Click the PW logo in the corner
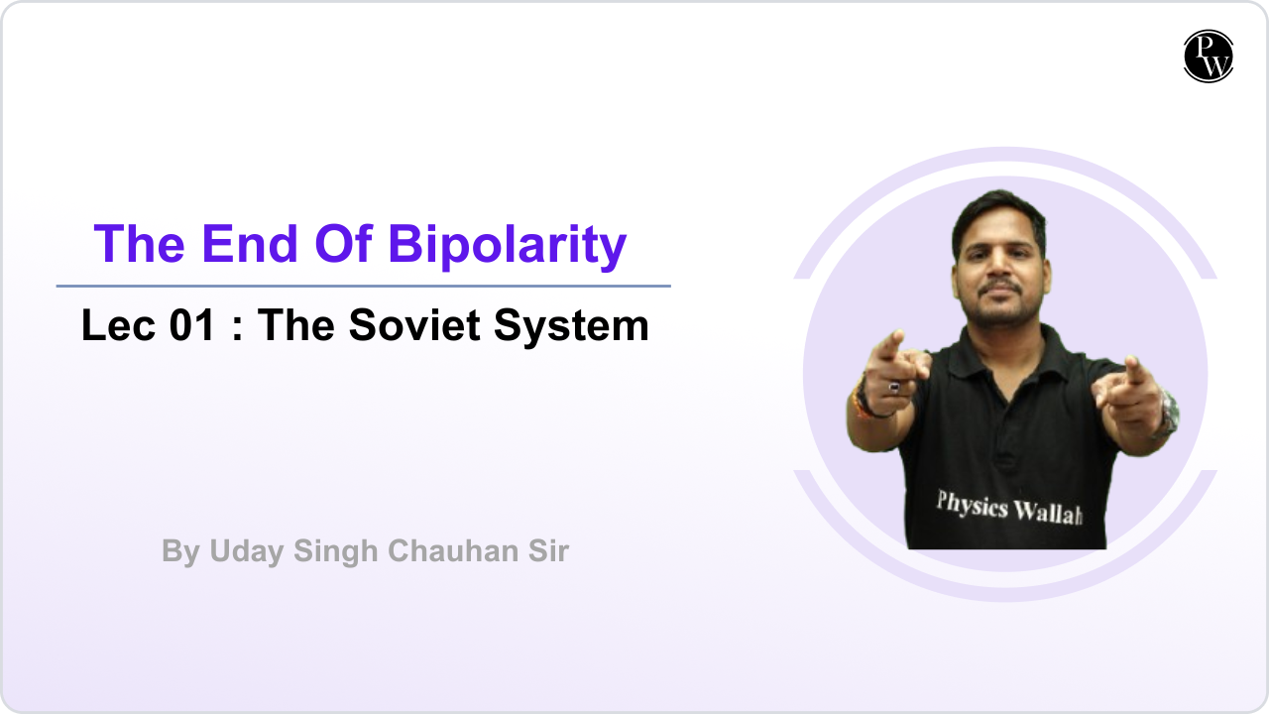coord(1209,56)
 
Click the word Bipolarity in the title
coord(507,243)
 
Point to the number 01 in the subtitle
coord(192,325)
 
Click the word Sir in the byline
coord(547,551)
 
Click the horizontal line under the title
coord(363,287)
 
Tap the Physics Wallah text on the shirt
coord(1007,507)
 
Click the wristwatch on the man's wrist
coord(1169,412)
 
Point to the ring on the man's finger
coord(894,387)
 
